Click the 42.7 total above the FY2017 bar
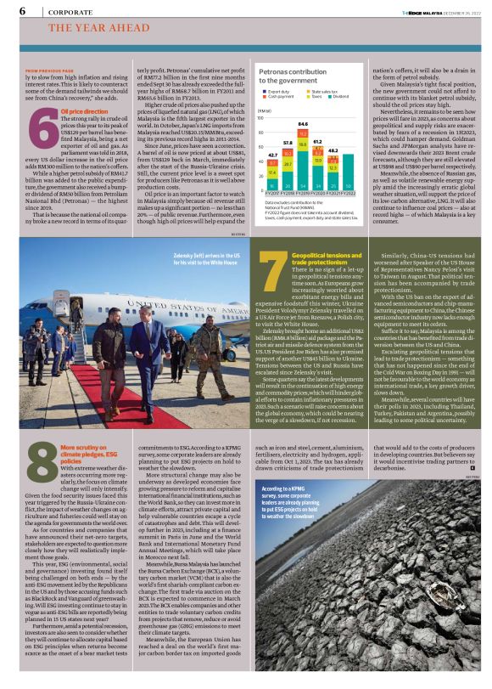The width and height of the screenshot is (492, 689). [272, 155]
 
